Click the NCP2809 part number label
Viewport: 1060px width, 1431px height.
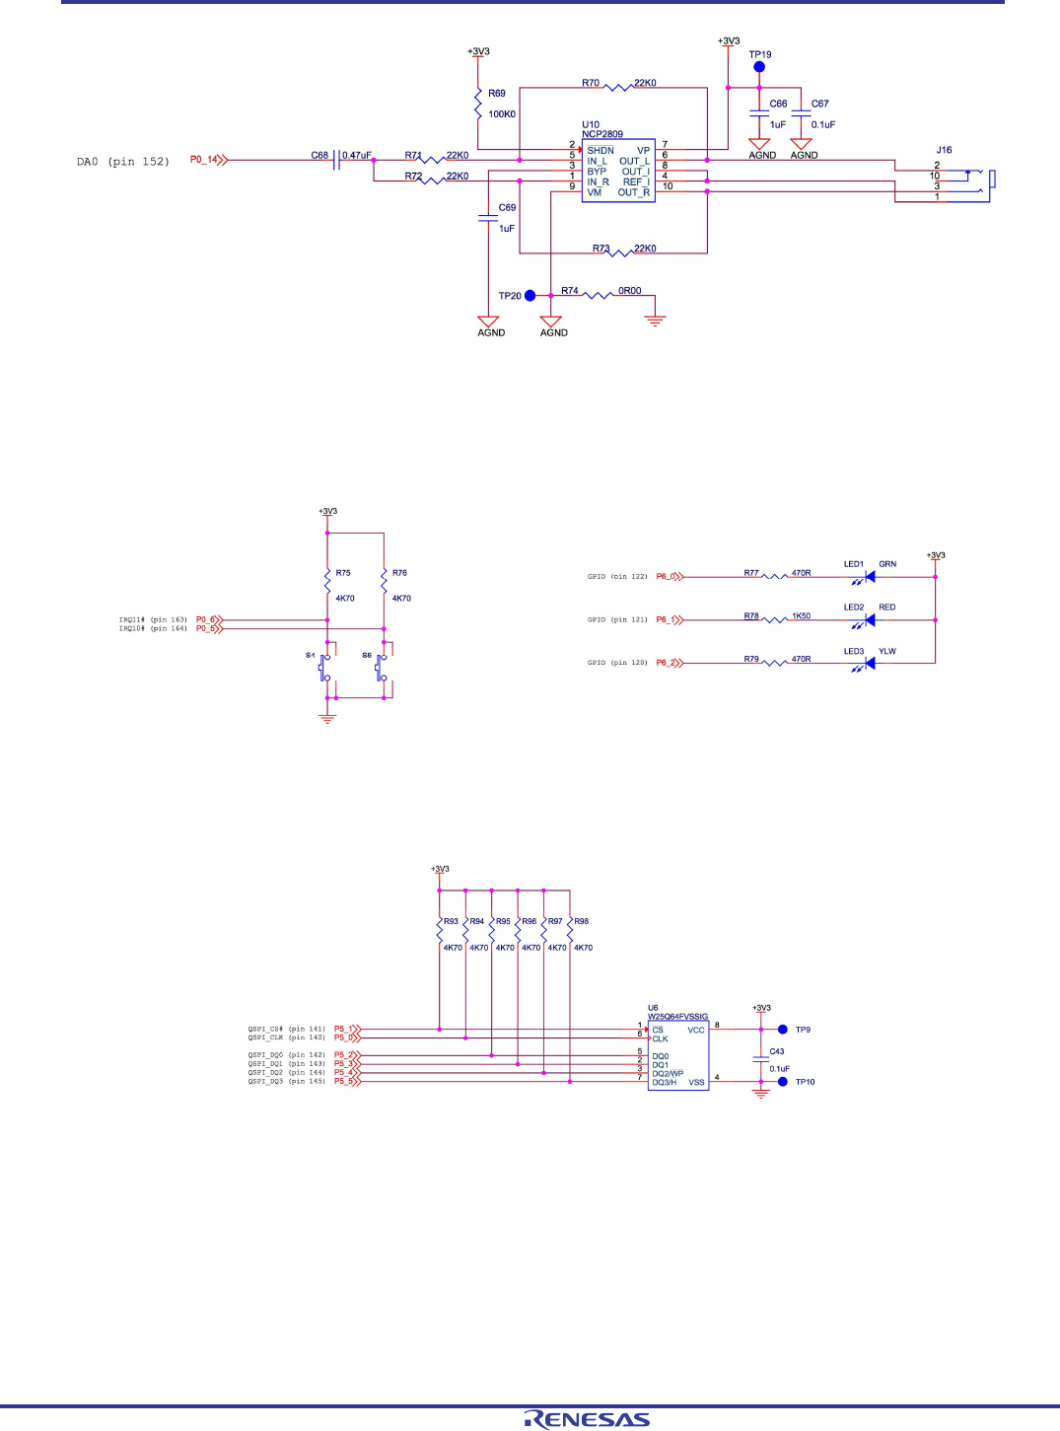(601, 134)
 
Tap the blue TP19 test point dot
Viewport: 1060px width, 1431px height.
(759, 67)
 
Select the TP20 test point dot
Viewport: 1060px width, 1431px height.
(530, 295)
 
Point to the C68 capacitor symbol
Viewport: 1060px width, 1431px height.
(338, 160)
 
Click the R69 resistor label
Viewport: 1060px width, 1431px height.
(497, 94)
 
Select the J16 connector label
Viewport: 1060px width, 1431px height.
(944, 151)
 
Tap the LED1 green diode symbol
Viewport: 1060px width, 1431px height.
(868, 577)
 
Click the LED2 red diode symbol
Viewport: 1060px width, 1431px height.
(868, 620)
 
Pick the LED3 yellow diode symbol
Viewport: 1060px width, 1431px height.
(868, 664)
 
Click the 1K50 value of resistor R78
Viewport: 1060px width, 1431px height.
(801, 616)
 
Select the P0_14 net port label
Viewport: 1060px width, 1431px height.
(204, 160)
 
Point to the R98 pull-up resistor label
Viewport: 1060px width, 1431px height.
(582, 921)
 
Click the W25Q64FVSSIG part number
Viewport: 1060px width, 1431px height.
(677, 1017)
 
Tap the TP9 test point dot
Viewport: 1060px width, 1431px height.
(783, 1030)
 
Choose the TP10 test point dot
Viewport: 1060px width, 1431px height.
(783, 1082)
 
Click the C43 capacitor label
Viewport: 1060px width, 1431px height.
(777, 1051)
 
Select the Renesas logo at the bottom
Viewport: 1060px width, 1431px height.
(587, 1419)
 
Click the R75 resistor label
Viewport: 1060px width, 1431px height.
(343, 573)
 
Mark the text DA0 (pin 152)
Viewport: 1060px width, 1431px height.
(123, 162)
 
